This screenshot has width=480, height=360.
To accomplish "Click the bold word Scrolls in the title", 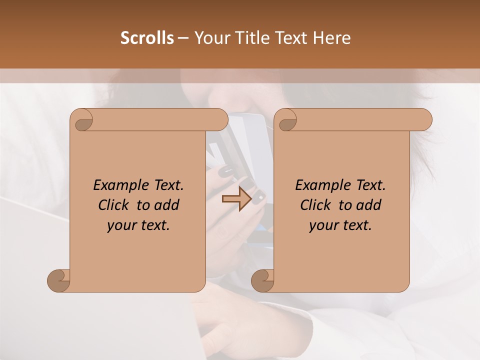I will pyautogui.click(x=147, y=38).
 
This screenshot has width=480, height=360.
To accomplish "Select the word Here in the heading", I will pyautogui.click(x=331, y=38).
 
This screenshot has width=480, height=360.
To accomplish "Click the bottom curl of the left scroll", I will pyautogui.click(x=59, y=280).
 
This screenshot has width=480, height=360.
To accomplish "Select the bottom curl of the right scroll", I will pyautogui.click(x=263, y=280).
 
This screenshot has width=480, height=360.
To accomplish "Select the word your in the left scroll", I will pyautogui.click(x=120, y=225).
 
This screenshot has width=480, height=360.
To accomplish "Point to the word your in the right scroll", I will pyautogui.click(x=322, y=225).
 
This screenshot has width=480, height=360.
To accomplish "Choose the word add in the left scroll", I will pyautogui.click(x=166, y=205).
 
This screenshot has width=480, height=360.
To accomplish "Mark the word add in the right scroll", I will pyautogui.click(x=368, y=205).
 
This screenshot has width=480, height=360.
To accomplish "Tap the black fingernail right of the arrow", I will pyautogui.click(x=257, y=198).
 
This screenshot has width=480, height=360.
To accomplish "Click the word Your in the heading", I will pyautogui.click(x=209, y=38).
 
